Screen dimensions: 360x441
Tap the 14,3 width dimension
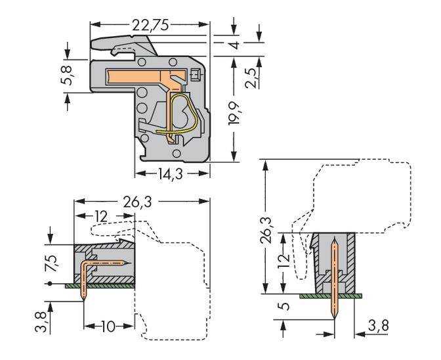pos(171,175)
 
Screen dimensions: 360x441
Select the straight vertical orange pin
pos(335,282)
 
